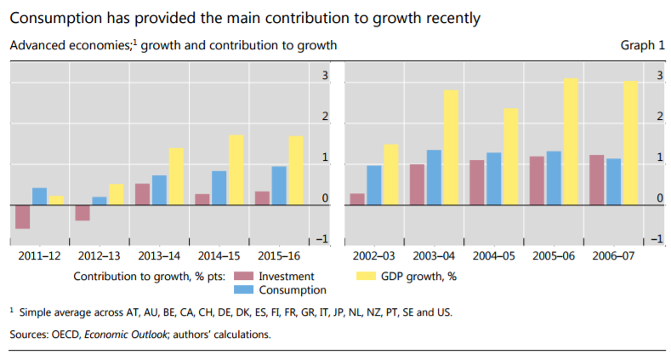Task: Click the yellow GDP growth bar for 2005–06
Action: [x=571, y=141]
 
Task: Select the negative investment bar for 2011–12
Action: [x=23, y=217]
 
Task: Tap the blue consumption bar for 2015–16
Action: [x=279, y=186]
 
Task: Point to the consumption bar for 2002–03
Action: [x=374, y=185]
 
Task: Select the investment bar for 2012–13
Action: [x=82, y=213]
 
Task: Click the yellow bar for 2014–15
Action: [x=236, y=170]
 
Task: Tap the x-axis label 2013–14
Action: [x=159, y=255]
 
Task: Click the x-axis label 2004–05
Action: [x=493, y=255]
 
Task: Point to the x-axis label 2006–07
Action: [x=613, y=255]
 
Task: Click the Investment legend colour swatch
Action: [x=243, y=276]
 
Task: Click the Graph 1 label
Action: [x=643, y=45]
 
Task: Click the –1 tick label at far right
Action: [x=653, y=238]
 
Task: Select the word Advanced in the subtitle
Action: [x=37, y=45]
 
